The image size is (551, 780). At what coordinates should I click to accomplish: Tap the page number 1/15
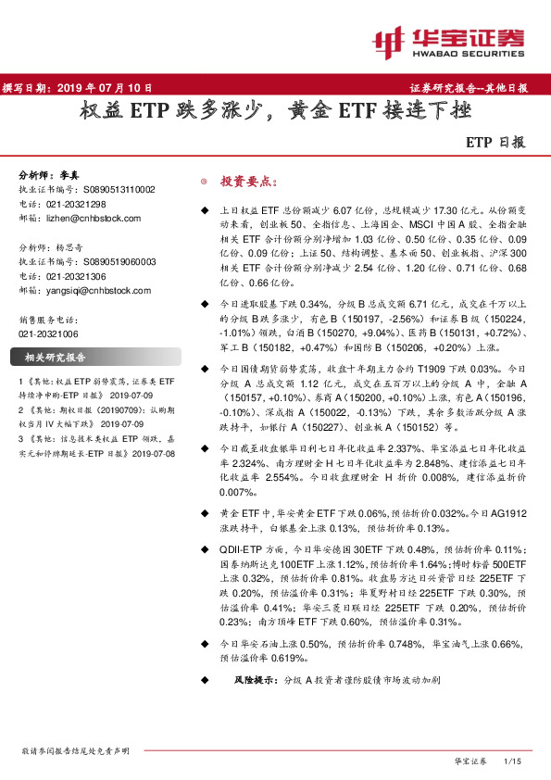coord(511,761)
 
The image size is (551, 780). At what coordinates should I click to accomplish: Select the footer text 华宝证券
coord(470,761)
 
